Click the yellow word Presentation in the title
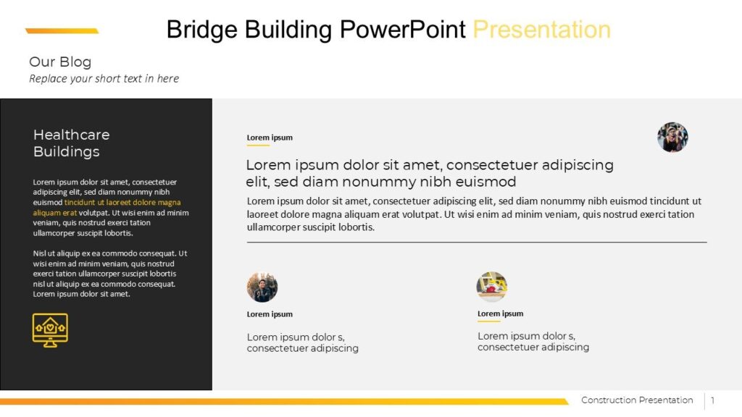541,30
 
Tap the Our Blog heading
60,62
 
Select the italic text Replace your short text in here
104,78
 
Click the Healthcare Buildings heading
71,143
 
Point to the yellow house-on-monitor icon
50,330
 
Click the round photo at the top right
672,137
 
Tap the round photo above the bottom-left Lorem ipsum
262,287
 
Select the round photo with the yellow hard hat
492,287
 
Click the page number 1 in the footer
712,400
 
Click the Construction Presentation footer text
637,400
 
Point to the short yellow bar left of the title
62,31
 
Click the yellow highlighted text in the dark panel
122,203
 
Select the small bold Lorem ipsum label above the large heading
270,138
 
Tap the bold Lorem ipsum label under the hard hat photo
500,313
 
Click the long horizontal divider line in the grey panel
477,242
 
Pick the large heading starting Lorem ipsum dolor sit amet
429,173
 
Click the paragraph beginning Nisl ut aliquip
110,274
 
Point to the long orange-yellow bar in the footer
283,401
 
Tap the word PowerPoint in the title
403,30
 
